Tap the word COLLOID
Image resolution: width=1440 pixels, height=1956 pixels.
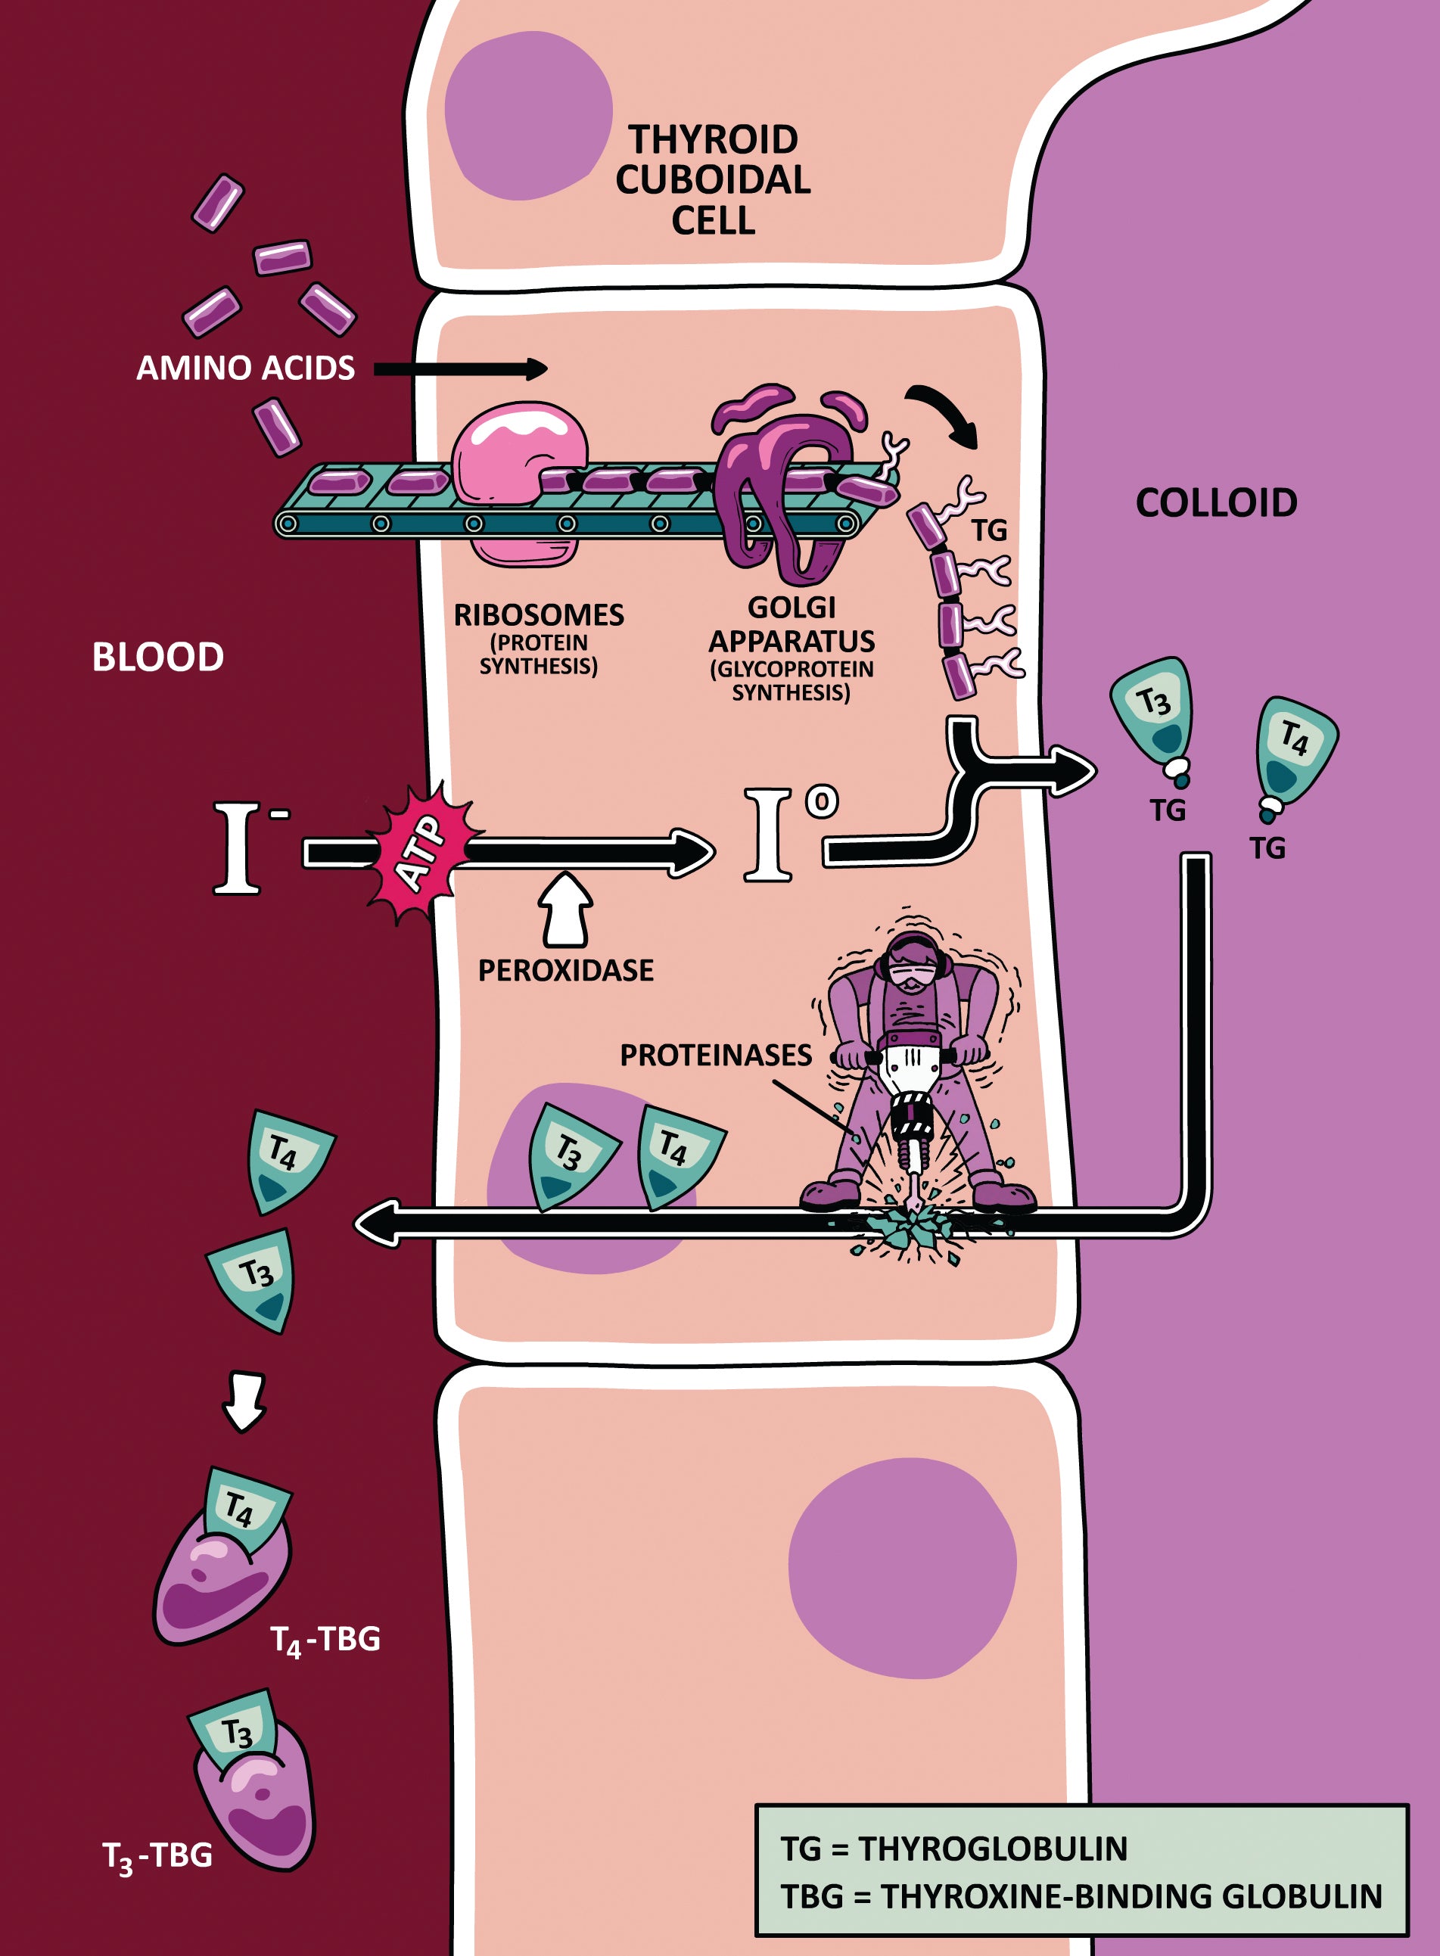[1216, 503]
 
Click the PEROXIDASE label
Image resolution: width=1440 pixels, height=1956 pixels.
[566, 970]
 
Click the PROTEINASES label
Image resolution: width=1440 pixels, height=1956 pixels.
[716, 1056]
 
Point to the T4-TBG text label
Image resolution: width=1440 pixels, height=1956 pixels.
[325, 1640]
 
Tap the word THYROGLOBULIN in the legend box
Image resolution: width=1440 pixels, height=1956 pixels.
[993, 1848]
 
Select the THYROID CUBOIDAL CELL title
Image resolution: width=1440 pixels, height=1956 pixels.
[713, 179]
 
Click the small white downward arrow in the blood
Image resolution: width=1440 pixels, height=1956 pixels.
[244, 1401]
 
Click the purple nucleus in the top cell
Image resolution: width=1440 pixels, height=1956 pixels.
[527, 115]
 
